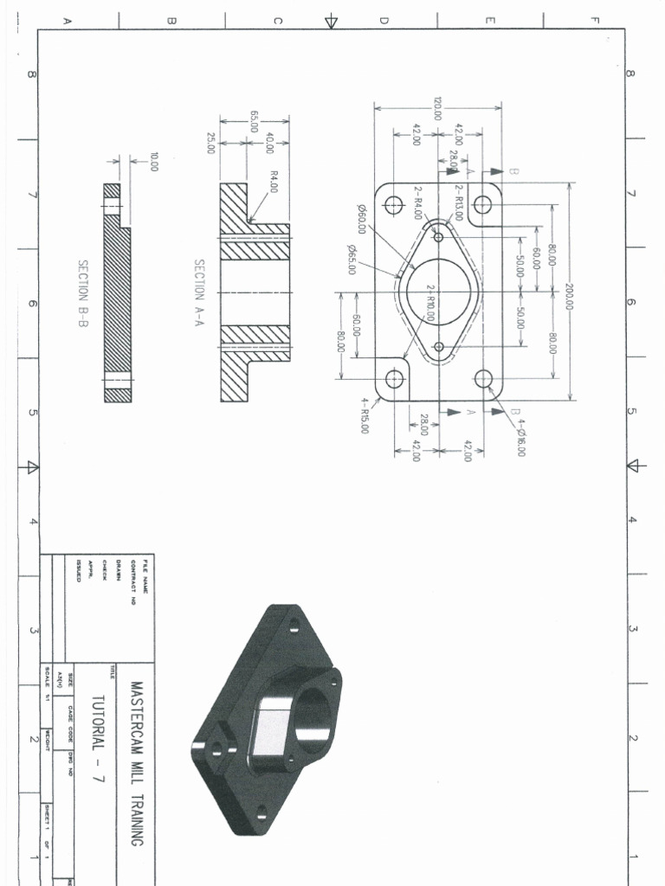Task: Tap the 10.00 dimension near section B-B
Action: point(154,162)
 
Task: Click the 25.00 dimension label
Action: point(210,143)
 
